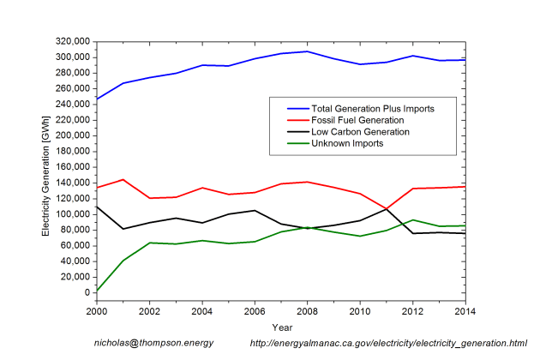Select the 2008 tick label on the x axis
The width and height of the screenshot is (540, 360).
[x=307, y=311]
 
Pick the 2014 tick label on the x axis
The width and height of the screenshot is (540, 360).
[x=465, y=311]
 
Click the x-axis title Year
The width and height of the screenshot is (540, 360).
[x=280, y=327]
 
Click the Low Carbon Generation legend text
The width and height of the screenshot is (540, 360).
[x=361, y=132]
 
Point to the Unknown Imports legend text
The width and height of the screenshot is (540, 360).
[x=347, y=143]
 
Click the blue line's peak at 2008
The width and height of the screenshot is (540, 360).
[x=307, y=51]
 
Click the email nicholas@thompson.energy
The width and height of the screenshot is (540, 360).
[x=153, y=343]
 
